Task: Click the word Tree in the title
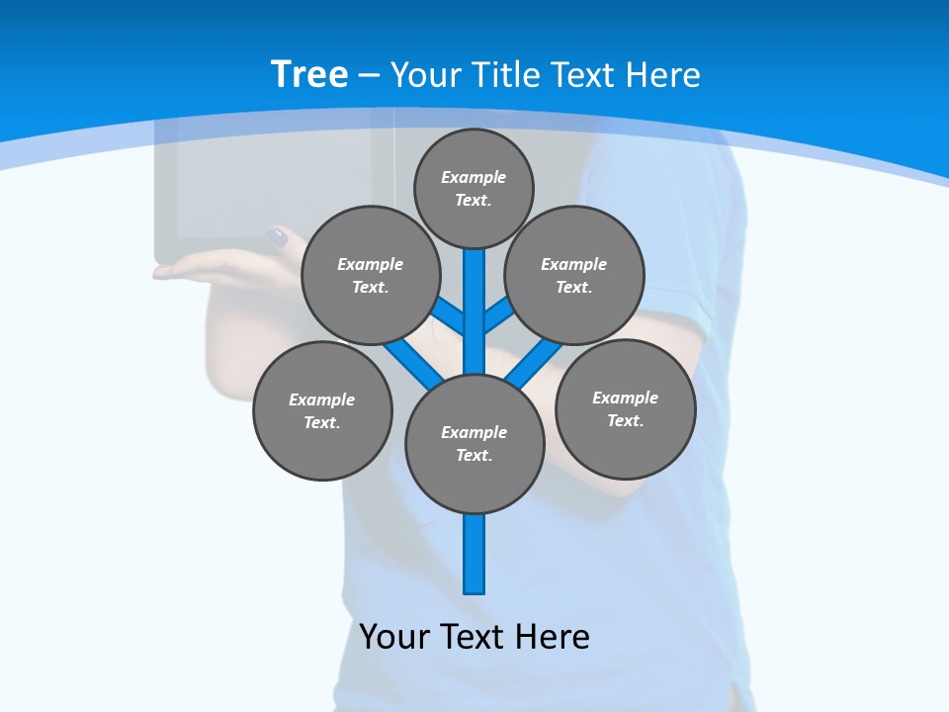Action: point(309,74)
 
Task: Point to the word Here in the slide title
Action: point(663,75)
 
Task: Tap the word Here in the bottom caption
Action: point(552,636)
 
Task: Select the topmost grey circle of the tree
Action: point(474,188)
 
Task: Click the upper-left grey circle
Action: point(371,275)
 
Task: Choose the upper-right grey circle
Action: point(574,275)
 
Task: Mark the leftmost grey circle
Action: point(322,410)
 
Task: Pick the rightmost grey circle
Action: point(625,408)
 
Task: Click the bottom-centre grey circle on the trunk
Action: point(474,443)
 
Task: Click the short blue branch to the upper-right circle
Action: point(498,314)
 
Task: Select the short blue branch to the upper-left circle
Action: point(449,314)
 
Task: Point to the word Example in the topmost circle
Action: point(474,177)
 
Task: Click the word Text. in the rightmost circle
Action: point(625,420)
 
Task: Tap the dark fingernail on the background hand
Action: point(278,237)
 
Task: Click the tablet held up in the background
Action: point(267,188)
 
